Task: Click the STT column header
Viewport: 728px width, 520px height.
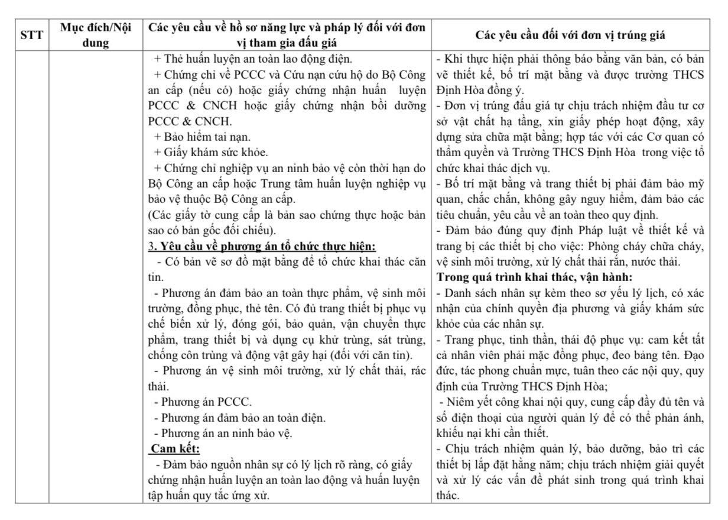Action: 31,35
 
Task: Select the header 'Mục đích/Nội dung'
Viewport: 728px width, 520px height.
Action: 95,35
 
